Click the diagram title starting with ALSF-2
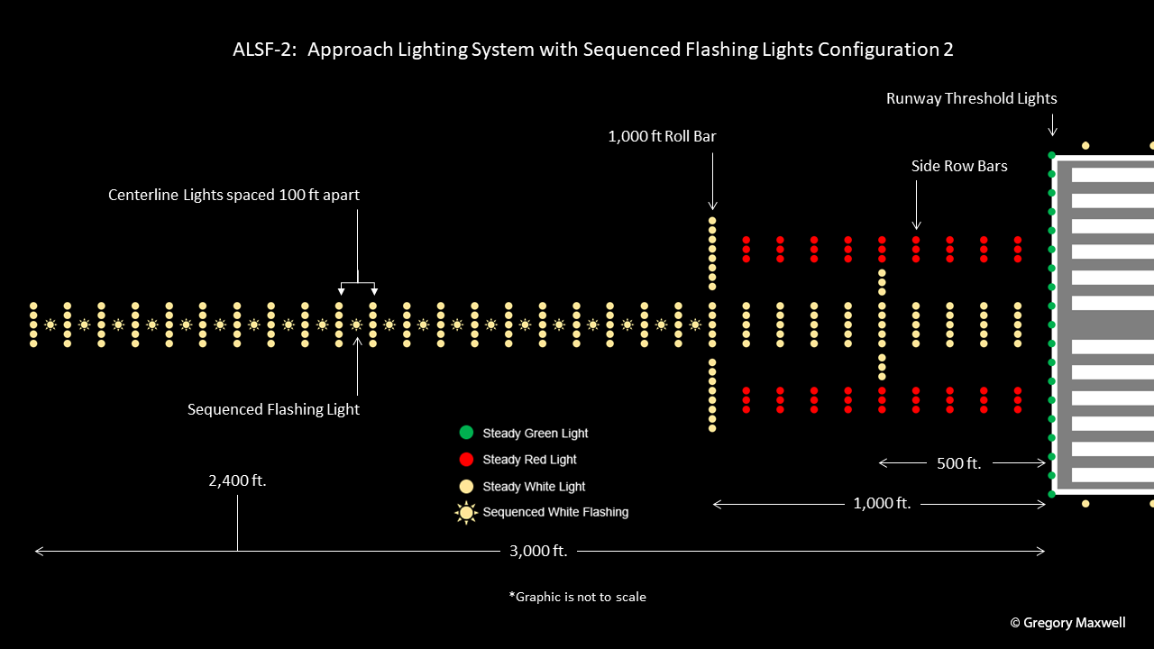[x=592, y=50]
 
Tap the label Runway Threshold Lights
[x=971, y=98]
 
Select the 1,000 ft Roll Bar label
[x=662, y=136]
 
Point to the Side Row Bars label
[x=959, y=166]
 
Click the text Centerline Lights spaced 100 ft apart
[x=234, y=195]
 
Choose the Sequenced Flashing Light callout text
[x=273, y=409]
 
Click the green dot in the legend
[x=466, y=433]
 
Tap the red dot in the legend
[x=466, y=460]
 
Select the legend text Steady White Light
[x=534, y=487]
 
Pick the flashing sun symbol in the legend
[x=466, y=513]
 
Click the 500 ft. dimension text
[x=959, y=463]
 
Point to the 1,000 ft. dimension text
[x=882, y=504]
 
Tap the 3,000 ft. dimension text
[x=538, y=551]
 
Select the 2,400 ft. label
[x=237, y=480]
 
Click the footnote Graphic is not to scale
[x=577, y=597]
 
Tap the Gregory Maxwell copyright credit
[x=1067, y=623]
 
